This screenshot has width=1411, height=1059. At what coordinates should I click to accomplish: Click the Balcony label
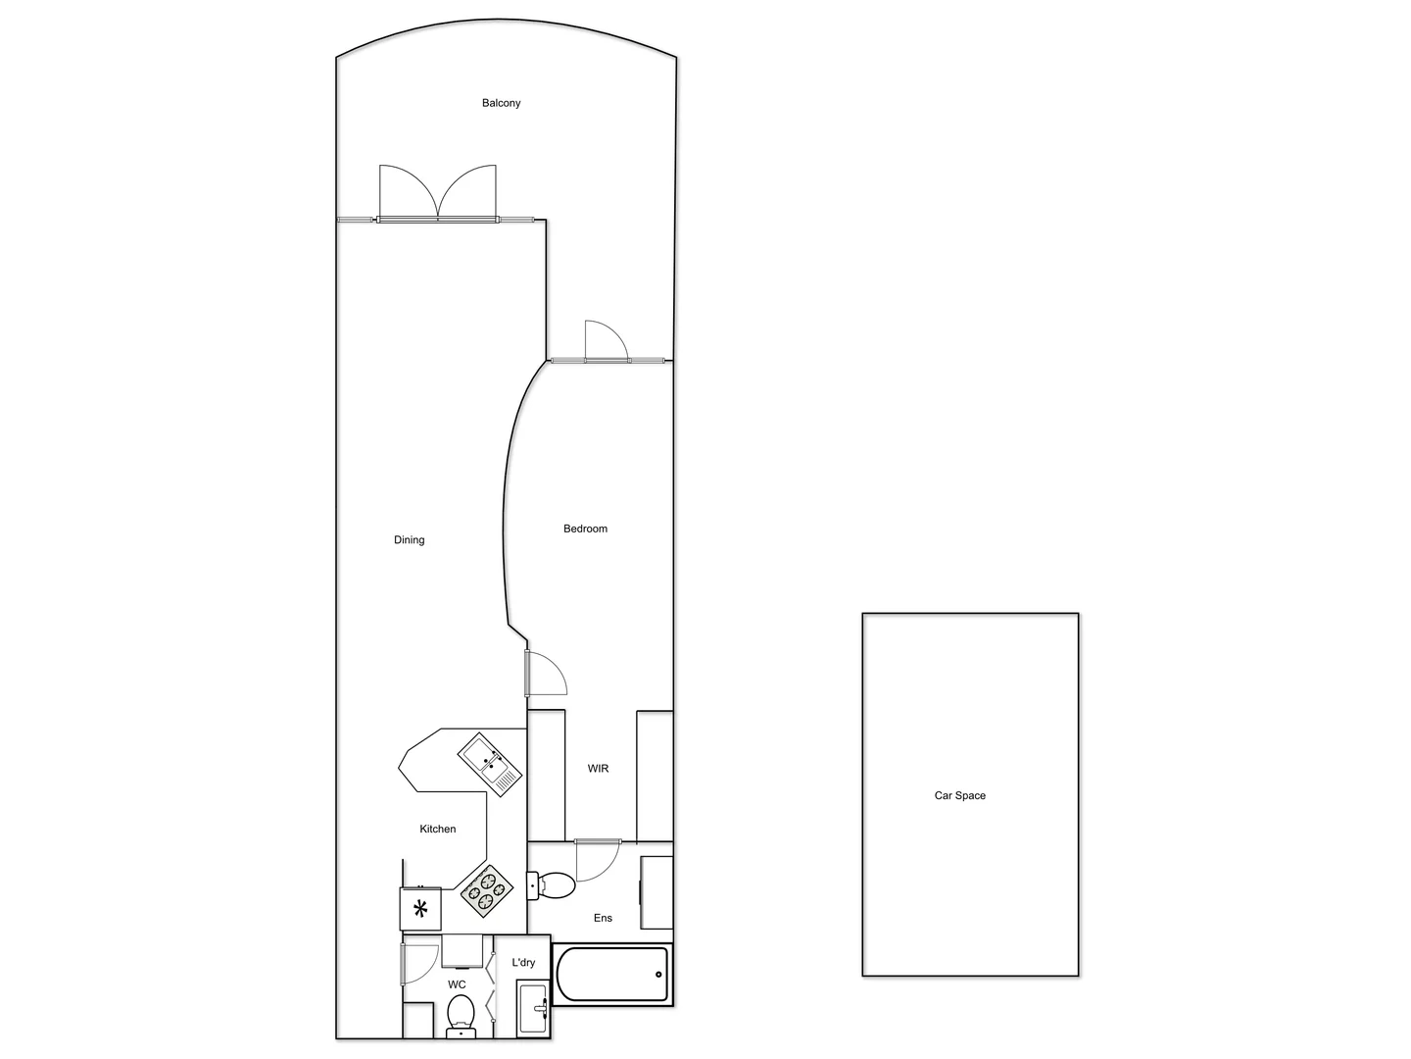[x=501, y=103]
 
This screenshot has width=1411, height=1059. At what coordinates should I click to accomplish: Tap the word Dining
[x=409, y=540]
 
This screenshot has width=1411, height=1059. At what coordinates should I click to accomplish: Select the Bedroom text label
[x=585, y=529]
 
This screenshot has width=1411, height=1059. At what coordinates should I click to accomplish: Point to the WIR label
[x=598, y=769]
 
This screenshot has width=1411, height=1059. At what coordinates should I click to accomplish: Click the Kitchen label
[x=438, y=830]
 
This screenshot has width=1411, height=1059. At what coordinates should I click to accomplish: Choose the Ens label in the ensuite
[x=603, y=918]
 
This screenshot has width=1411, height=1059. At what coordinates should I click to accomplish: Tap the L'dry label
[x=523, y=963]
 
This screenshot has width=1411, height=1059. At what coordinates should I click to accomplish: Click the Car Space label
[x=959, y=795]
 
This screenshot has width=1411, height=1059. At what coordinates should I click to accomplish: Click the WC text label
[x=457, y=984]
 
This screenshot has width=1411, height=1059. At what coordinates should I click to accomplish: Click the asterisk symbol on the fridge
[x=421, y=909]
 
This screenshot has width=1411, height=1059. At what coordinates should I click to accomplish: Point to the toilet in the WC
[x=461, y=1014]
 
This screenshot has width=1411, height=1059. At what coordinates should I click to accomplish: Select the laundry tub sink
[x=533, y=1008]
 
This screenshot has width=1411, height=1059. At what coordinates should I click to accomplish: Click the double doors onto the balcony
[x=438, y=196]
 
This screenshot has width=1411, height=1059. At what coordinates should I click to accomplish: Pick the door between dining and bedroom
[x=544, y=674]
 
